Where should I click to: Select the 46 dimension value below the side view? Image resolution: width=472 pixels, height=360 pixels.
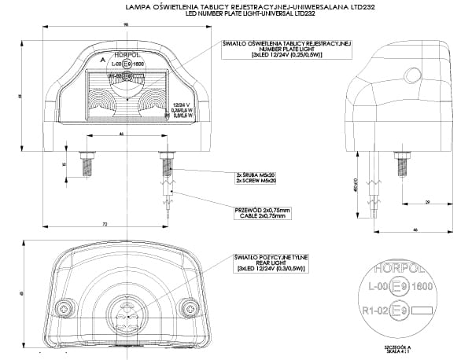pyautogui.click(x=414, y=229)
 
